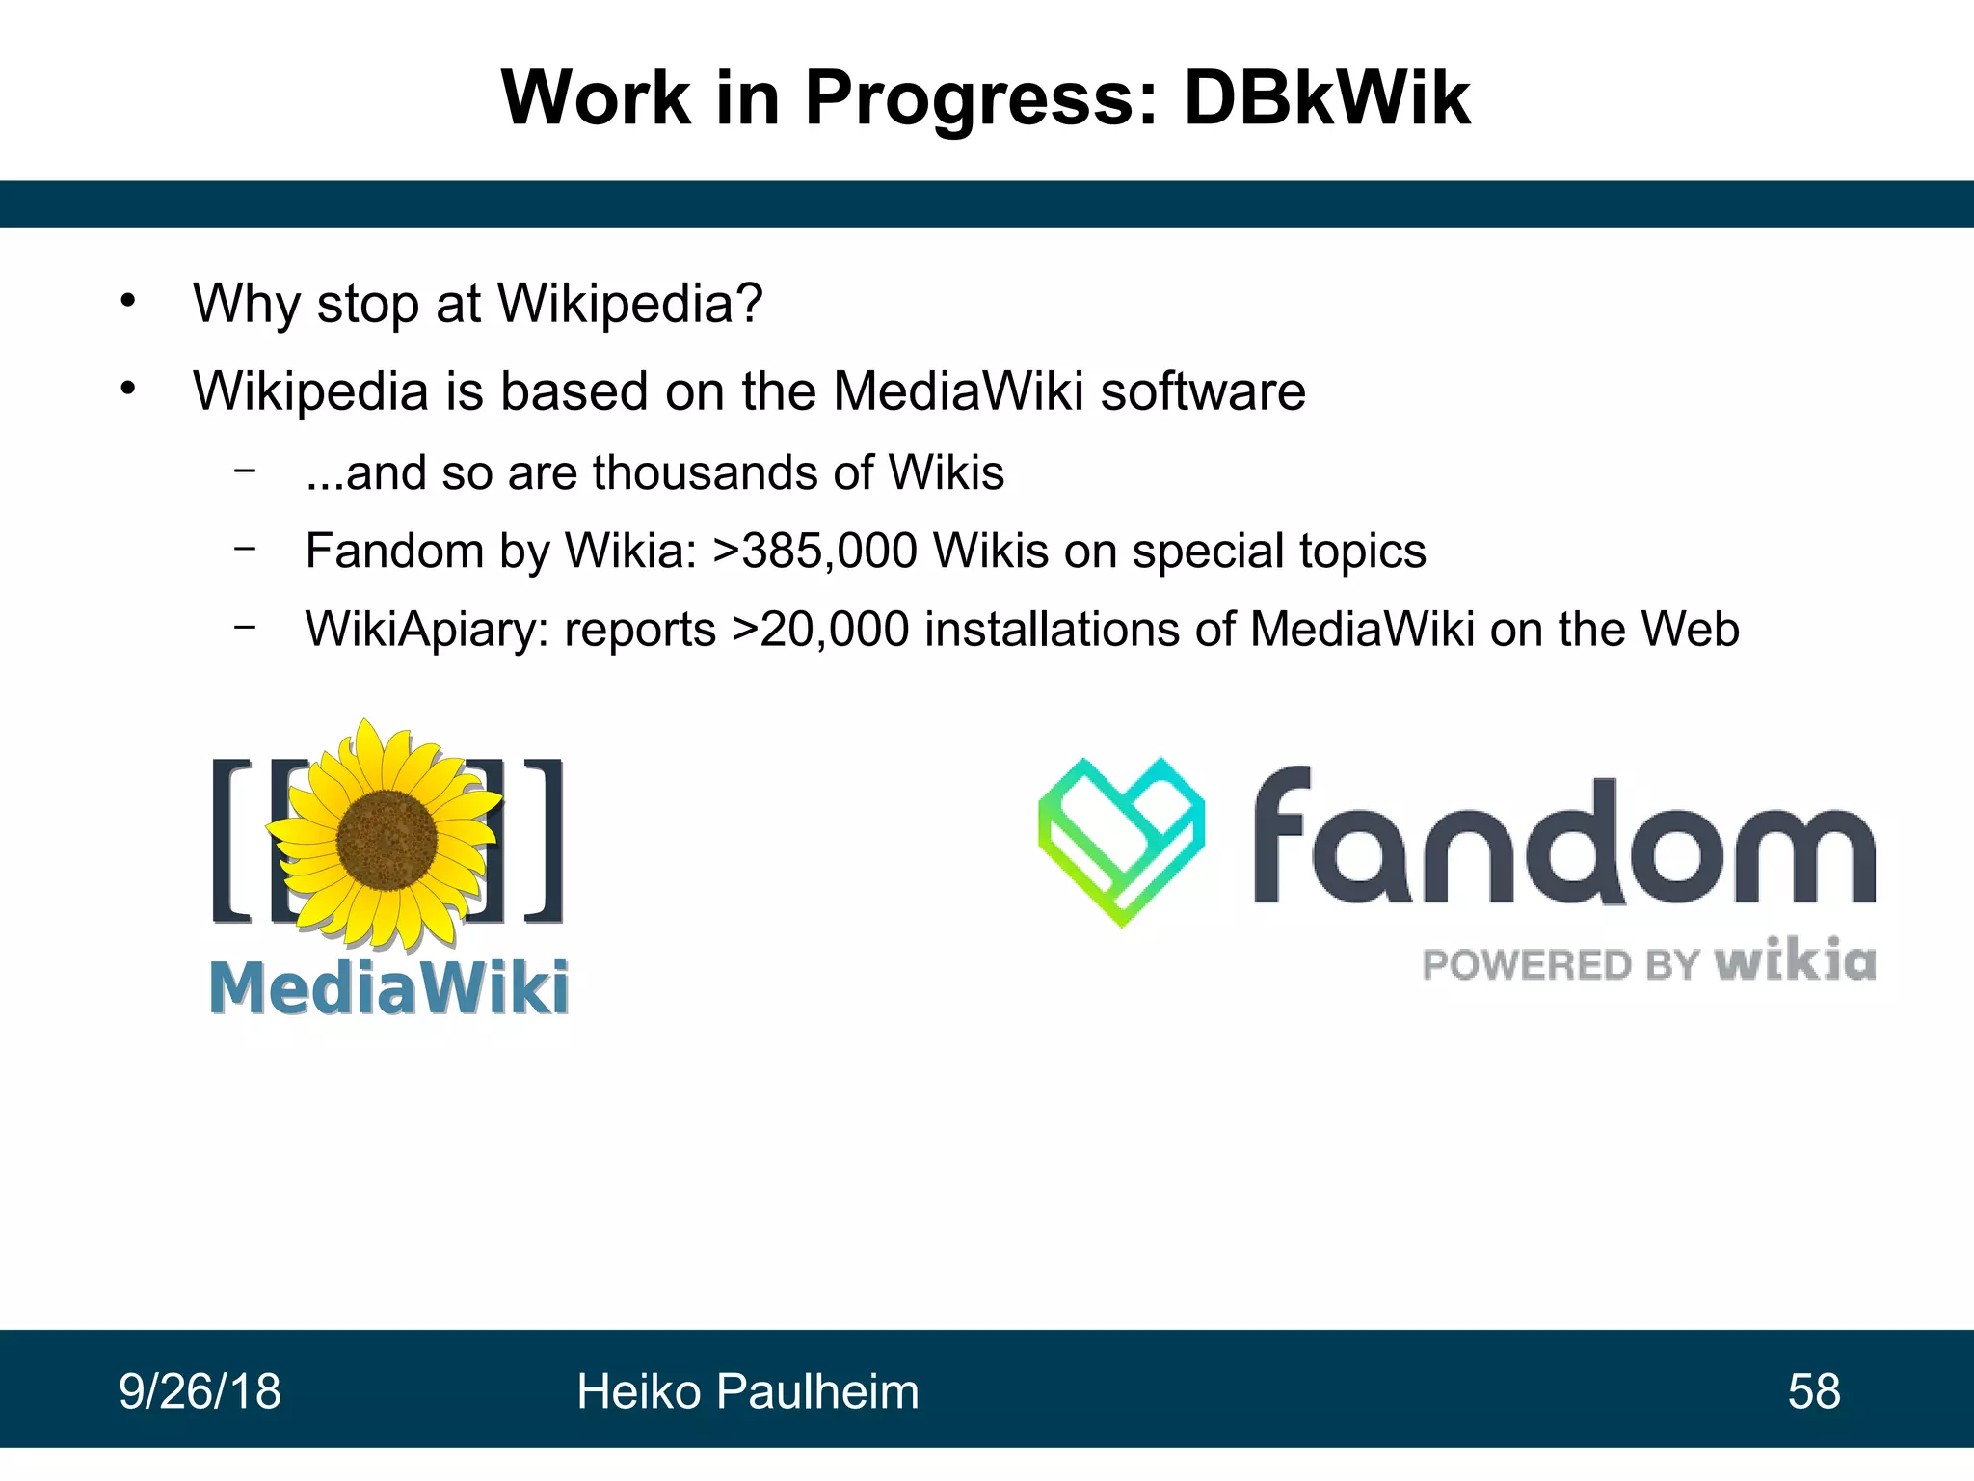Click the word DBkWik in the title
[x=1326, y=98]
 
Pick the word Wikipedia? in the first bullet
[x=630, y=304]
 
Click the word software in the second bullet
[x=1203, y=391]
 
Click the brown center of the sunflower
[x=387, y=839]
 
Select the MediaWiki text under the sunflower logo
[x=388, y=988]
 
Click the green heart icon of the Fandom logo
[x=1121, y=841]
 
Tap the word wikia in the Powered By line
[x=1795, y=961]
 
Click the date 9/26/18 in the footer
[x=200, y=1391]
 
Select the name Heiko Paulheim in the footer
[x=748, y=1391]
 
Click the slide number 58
[x=1814, y=1391]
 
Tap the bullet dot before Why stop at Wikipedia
[x=128, y=302]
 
